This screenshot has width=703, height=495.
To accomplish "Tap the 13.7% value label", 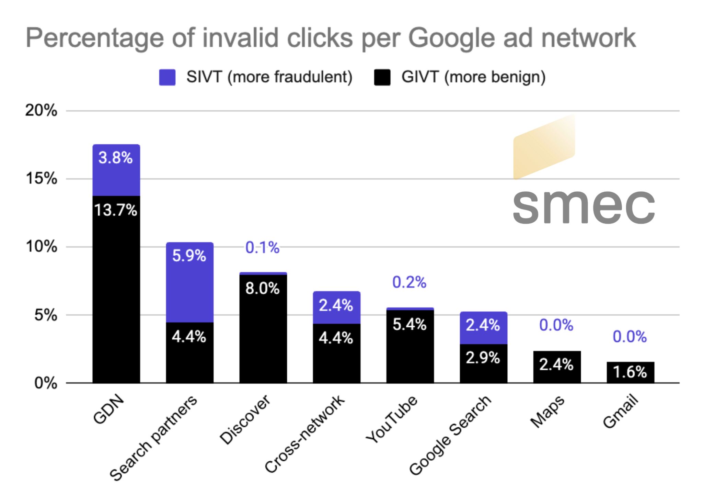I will pos(116,210).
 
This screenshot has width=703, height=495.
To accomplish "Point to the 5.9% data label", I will pos(189,256).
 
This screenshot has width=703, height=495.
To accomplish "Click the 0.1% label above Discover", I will pos(263,247).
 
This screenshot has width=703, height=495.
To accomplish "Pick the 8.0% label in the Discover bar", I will pos(263,288).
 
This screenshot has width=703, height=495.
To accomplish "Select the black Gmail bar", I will pos(630,372).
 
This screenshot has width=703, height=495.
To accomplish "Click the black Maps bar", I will pos(557,367).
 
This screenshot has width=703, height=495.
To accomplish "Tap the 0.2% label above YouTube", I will pos(409,282).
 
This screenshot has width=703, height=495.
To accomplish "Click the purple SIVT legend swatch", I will pos(167,77).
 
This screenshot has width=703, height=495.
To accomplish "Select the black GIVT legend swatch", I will pos(382,77).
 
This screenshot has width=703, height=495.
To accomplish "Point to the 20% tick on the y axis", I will pos(41,111).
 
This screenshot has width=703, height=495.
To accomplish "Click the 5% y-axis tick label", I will pos(46,315).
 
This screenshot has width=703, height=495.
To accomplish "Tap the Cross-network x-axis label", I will pos(304,434).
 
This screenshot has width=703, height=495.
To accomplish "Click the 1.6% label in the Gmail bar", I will pos(630,372).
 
